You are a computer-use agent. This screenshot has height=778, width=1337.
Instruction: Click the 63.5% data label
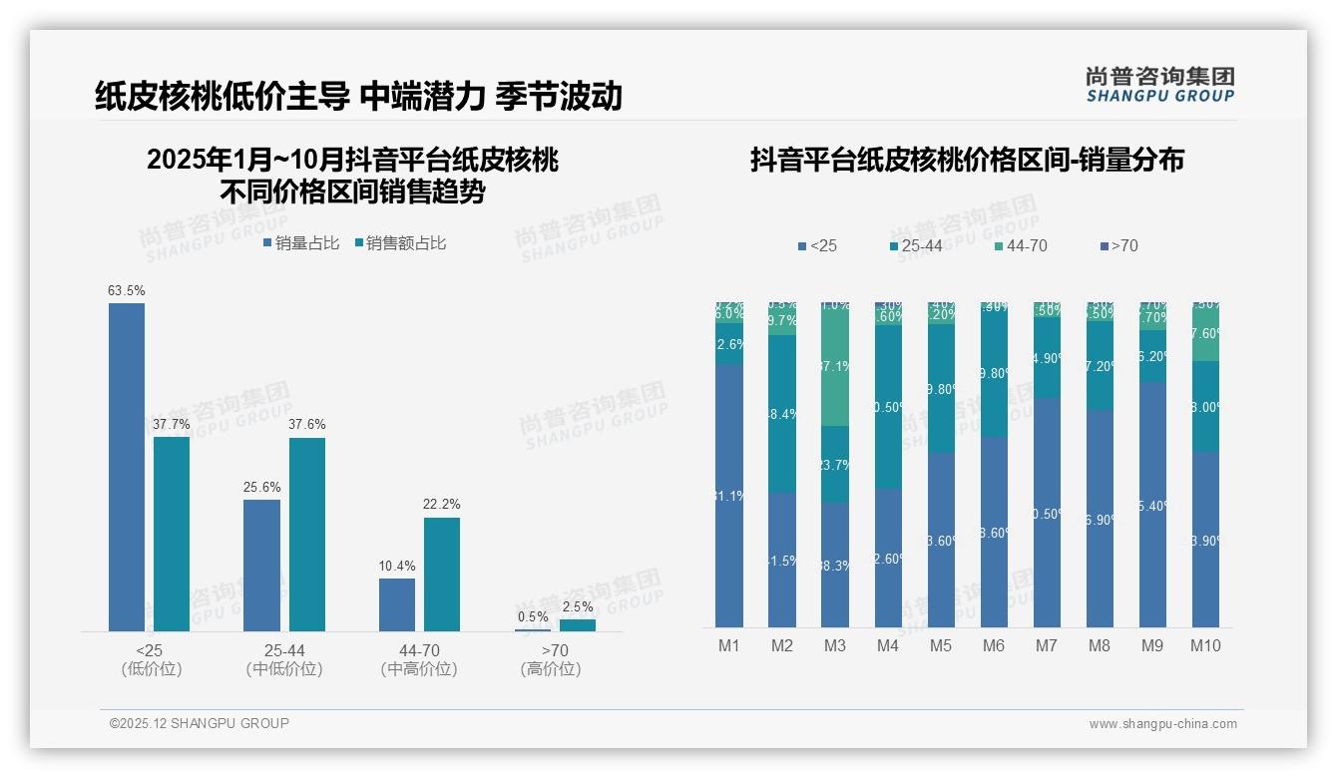point(127,291)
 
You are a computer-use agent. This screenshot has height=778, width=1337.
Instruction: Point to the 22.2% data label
point(441,505)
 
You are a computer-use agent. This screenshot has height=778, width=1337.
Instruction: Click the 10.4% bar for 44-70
point(397,604)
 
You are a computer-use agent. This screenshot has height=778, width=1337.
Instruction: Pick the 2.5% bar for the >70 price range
point(577,625)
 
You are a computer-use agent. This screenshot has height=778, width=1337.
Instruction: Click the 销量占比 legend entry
point(301,243)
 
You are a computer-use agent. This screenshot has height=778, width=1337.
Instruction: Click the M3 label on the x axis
point(835,646)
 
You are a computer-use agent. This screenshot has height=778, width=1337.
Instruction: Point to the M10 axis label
point(1205,646)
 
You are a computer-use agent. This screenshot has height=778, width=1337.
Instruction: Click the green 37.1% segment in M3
point(835,365)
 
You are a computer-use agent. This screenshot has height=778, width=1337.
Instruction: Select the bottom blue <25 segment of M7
point(1047,513)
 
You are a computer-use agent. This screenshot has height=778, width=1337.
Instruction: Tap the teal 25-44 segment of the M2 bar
point(782,413)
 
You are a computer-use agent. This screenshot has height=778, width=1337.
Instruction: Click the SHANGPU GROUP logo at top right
point(1159,85)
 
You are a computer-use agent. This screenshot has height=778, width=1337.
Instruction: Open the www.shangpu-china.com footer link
point(1162,724)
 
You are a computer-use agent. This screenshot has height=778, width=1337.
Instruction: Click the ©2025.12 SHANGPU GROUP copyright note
point(200,724)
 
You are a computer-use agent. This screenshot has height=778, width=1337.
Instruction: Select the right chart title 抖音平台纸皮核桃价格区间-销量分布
point(967,160)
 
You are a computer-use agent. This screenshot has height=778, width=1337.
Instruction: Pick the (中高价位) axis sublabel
point(419,669)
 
